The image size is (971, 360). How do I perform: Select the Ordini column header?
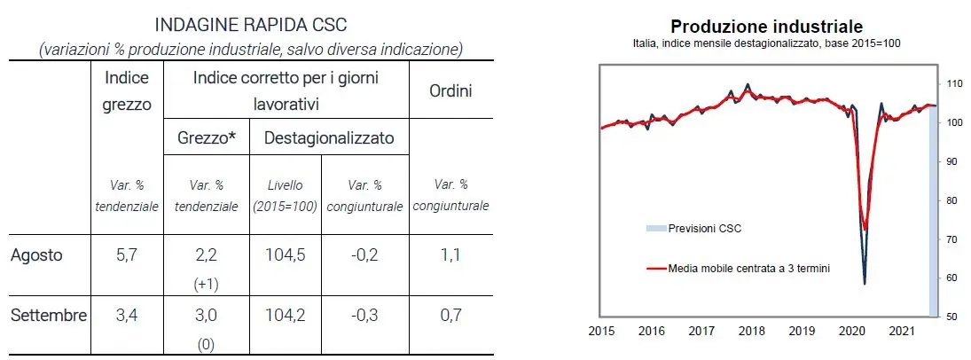coord(451,90)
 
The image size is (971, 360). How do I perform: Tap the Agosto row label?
coord(36,255)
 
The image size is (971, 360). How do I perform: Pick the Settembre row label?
coord(49,316)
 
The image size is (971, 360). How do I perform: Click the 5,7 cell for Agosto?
coord(126,255)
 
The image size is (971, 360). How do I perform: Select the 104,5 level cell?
coord(286,255)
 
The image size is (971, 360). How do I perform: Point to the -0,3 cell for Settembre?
coord(365,316)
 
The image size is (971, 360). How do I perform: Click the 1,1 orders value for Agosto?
coord(451,255)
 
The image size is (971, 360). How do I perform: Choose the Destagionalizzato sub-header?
coord(329,137)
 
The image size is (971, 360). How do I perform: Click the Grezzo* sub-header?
coord(206,137)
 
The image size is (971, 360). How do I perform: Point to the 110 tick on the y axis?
coord(954,84)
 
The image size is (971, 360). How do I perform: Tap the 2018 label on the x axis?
coord(751,332)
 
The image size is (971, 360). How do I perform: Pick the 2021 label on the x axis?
coord(902,332)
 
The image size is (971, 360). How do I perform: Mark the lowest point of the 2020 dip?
coord(864,284)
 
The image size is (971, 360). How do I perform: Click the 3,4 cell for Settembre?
coord(126,316)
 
